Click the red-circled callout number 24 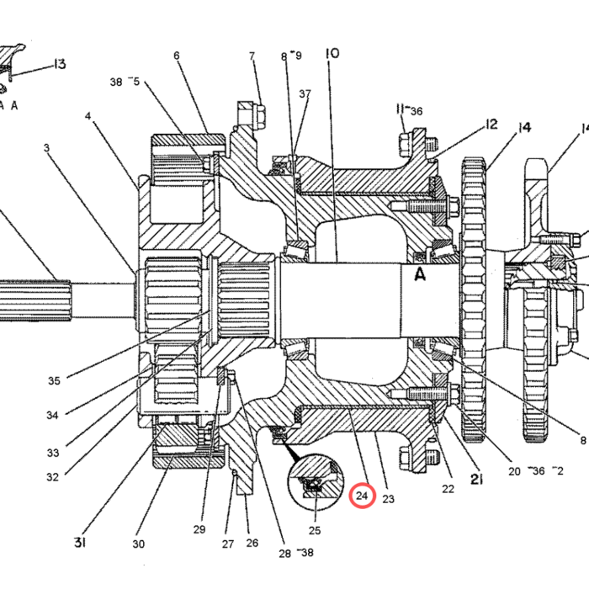click(x=362, y=496)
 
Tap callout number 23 click(x=389, y=499)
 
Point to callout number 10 click(x=332, y=53)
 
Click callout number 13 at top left click(x=60, y=64)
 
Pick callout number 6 click(x=177, y=56)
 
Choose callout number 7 click(x=252, y=56)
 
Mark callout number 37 click(x=305, y=93)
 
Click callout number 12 click(x=491, y=125)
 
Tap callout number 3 click(x=46, y=147)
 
